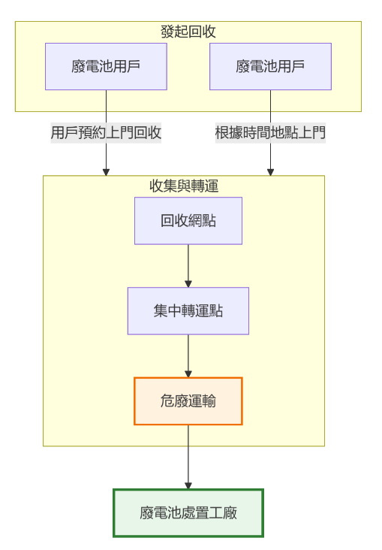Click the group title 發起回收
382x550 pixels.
pos(188,32)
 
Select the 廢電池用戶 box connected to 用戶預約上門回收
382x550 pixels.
pos(106,66)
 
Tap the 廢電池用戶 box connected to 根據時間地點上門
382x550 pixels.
pos(270,66)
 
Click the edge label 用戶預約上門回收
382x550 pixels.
pos(106,133)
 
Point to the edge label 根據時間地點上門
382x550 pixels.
pos(270,133)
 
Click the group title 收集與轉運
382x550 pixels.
pos(184,185)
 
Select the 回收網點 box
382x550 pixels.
pos(188,221)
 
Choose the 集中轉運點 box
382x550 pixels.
pos(188,311)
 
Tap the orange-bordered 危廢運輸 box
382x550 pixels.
pos(188,401)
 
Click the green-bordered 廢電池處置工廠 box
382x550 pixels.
pos(188,513)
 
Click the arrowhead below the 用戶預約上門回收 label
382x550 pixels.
pos(106,171)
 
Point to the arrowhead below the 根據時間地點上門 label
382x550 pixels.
pos(270,171)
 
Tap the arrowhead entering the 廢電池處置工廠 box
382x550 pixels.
pos(188,485)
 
